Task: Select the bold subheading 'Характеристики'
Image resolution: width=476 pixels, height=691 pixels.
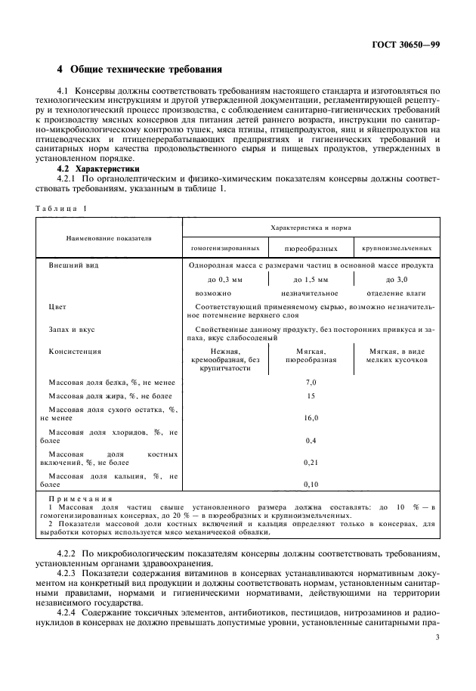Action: click(107, 169)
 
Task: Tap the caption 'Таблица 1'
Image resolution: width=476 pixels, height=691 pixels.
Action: click(60, 207)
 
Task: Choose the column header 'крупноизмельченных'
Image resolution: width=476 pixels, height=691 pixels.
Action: click(397, 248)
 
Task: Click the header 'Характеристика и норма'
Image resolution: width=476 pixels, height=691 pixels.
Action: click(311, 227)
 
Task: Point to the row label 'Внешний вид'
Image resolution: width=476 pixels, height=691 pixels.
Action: click(74, 266)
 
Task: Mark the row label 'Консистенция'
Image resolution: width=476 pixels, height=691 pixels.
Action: click(76, 351)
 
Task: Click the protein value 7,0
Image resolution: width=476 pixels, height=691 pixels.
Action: click(311, 382)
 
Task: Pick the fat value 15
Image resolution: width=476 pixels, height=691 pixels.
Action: click(311, 395)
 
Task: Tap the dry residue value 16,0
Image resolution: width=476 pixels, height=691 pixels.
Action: click(311, 417)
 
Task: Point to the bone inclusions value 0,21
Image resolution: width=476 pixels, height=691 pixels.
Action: click(311, 461)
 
